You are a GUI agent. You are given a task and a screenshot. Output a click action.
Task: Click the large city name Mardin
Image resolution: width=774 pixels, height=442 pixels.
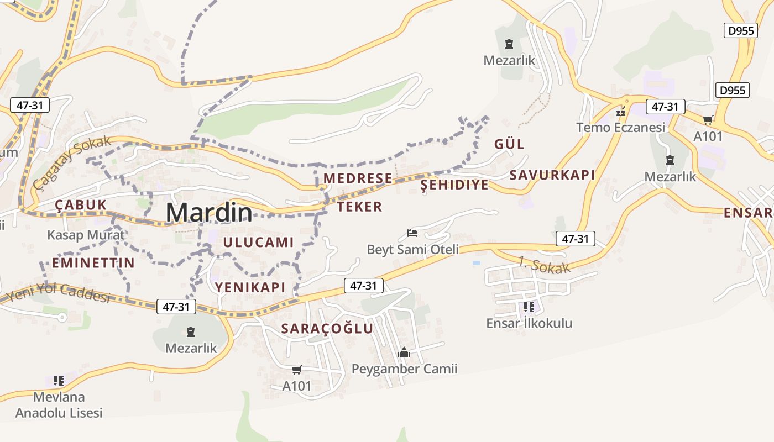[209, 213]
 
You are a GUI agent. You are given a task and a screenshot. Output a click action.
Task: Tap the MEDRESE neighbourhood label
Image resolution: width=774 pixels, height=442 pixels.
[358, 178]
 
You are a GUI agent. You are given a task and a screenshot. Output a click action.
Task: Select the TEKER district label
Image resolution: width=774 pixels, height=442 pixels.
[359, 207]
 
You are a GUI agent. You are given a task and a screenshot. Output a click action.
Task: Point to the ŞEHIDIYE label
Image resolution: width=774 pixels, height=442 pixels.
[454, 185]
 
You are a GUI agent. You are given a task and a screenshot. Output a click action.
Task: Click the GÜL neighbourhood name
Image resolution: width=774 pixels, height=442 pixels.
[509, 144]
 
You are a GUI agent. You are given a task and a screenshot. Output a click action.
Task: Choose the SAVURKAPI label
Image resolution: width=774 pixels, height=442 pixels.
[552, 175]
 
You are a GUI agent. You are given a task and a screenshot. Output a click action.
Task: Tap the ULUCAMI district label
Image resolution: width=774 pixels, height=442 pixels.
[258, 242]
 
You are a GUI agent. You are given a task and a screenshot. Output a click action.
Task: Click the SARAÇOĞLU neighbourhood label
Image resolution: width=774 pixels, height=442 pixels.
[327, 328]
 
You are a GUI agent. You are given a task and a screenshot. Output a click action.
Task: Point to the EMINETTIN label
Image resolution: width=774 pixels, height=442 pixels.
[93, 263]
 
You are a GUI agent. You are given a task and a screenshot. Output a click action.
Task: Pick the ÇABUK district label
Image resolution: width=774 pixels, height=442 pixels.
[81, 205]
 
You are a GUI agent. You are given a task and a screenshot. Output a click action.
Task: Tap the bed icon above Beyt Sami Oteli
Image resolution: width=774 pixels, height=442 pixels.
[412, 233]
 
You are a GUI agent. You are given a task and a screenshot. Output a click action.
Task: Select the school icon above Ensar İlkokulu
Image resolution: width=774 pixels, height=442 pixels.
[529, 307]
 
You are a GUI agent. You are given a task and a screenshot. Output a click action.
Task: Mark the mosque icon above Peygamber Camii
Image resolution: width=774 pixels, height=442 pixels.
[404, 352]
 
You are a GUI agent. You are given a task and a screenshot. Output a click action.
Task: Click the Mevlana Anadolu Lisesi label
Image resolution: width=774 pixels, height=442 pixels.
[59, 405]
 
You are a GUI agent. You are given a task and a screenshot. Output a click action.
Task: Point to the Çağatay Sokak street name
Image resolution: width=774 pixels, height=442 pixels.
[72, 162]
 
